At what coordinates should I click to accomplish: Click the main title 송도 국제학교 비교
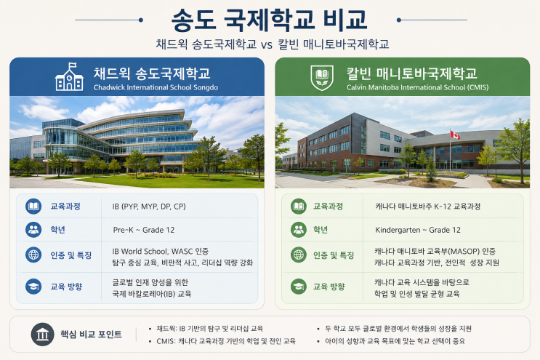click(270, 20)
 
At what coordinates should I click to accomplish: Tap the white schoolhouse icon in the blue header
click(69, 77)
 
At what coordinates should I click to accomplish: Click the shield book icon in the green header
click(322, 78)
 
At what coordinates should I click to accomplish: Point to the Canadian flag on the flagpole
click(455, 135)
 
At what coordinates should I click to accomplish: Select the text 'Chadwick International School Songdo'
click(156, 87)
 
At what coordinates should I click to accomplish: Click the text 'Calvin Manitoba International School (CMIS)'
click(417, 87)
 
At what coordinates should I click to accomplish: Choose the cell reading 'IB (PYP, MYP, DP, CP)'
click(149, 207)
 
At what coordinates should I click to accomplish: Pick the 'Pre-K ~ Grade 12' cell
click(144, 230)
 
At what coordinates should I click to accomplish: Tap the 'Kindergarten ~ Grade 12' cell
click(418, 230)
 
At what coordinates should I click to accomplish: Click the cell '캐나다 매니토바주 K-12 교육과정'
click(428, 207)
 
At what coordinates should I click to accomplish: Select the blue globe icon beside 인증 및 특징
click(33, 255)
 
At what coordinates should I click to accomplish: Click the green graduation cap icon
click(299, 287)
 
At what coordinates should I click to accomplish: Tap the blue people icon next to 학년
click(33, 230)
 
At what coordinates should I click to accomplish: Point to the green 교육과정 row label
click(328, 207)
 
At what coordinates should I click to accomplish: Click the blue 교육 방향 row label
click(66, 287)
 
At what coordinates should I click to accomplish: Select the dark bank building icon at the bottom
click(42, 334)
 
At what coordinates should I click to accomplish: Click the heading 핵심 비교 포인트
click(91, 334)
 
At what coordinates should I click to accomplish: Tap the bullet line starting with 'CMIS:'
click(226, 341)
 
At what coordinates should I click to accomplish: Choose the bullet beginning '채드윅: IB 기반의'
click(209, 328)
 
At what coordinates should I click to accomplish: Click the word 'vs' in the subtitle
click(266, 45)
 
